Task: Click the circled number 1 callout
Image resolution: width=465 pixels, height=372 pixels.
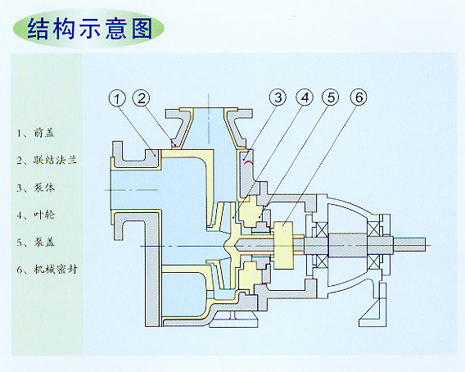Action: pos(117,98)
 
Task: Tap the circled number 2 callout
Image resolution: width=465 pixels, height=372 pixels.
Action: pos(142,98)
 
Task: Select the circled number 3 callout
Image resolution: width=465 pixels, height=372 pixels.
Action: pos(278,98)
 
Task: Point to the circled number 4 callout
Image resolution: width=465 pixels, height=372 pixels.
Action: pos(305,98)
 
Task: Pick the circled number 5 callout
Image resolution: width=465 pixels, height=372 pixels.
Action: pos(331,98)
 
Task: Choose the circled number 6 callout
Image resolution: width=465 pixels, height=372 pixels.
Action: pos(359,98)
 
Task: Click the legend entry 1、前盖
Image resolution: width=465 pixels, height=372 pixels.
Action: pos(36,133)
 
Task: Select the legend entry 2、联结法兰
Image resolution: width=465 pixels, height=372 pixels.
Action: pos(47,160)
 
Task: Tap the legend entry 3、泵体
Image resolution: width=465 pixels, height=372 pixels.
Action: pos(36,188)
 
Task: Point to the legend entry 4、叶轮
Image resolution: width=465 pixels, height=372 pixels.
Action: pos(36,215)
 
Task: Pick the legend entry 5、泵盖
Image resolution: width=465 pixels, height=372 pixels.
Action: pos(36,243)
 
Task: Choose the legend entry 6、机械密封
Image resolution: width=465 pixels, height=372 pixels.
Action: pos(47,270)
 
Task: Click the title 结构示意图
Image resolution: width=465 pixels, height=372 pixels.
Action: pos(90,29)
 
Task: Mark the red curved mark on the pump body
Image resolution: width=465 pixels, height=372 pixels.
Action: pos(248,161)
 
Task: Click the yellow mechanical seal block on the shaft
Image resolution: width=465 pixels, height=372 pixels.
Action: pos(283,245)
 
